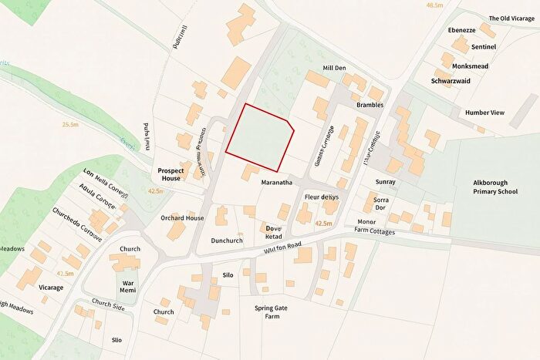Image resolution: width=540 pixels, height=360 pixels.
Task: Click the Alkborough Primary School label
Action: [495, 187]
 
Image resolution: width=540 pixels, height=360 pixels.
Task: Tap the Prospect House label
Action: [169, 173]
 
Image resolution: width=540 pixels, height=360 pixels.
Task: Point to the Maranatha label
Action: [275, 183]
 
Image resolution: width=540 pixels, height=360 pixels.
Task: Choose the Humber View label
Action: [484, 113]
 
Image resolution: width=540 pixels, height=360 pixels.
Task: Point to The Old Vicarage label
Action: [511, 19]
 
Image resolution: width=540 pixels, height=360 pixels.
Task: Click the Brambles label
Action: [370, 105]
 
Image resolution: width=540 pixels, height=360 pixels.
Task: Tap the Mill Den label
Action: [334, 69]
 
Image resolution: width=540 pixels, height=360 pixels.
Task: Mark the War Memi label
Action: [129, 286]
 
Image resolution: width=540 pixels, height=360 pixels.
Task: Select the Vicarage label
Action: [51, 288]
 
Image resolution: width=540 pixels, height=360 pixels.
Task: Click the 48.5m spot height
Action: [434, 5]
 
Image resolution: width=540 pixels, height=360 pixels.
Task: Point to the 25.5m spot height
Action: [72, 123]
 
